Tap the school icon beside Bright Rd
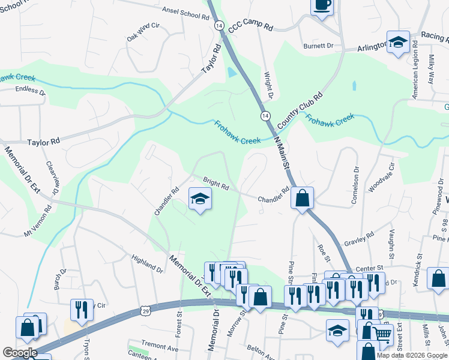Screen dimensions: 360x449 click(200, 199)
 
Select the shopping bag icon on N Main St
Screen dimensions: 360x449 click(303, 198)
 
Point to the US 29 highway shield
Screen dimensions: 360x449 click(145, 310)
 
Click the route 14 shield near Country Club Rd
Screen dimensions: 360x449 click(265, 115)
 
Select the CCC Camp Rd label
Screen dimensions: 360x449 click(251, 27)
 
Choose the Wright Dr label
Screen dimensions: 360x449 click(269, 86)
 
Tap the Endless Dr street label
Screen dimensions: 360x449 click(30, 92)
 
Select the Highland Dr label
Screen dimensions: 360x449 click(147, 263)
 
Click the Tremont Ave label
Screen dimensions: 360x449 click(160, 348)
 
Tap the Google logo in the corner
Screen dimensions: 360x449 click(20, 353)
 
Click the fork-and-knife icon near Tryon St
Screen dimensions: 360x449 click(82, 309)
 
